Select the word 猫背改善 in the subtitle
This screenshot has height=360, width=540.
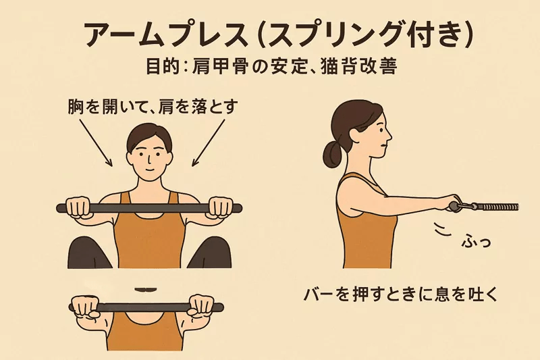358,66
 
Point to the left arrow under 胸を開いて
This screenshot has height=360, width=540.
96,143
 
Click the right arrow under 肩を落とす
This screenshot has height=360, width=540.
209,143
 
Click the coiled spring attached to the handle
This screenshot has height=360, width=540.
498,207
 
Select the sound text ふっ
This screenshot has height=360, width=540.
476,241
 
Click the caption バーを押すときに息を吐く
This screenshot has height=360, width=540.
400,295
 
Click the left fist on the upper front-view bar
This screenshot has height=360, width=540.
79,207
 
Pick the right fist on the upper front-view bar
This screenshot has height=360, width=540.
221,207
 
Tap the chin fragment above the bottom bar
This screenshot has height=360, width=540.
146,288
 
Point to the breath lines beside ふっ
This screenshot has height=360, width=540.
443,230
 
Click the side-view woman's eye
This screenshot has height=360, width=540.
380,130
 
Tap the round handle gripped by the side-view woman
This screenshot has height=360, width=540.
454,207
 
